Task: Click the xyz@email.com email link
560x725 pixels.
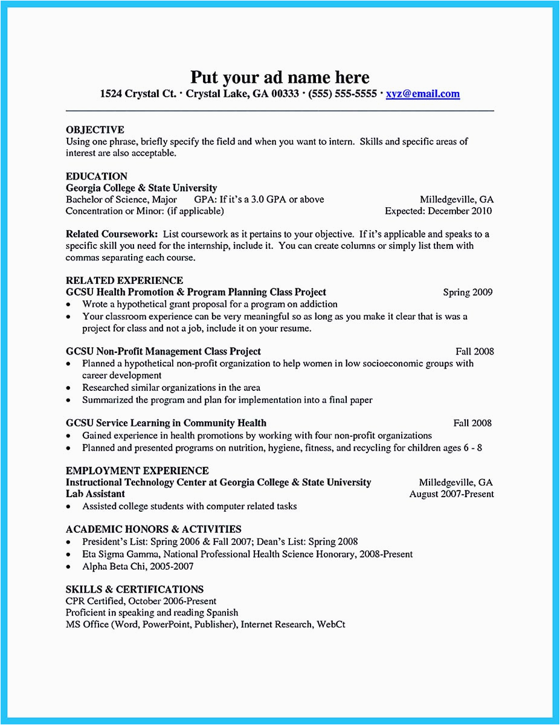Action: click(x=423, y=94)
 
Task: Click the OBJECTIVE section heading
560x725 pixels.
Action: click(x=95, y=130)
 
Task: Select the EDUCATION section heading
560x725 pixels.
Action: click(x=97, y=176)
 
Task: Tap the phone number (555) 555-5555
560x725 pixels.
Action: click(x=343, y=94)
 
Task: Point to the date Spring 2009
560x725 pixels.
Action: click(x=468, y=292)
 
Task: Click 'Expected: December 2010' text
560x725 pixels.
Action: click(x=438, y=211)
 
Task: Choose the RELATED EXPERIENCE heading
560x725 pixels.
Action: click(x=124, y=280)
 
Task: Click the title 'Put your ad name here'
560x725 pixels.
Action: click(x=280, y=77)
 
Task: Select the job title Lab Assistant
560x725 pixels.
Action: click(x=95, y=494)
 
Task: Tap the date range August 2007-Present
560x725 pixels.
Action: click(x=451, y=494)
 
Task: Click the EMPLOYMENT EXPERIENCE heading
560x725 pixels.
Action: click(x=137, y=471)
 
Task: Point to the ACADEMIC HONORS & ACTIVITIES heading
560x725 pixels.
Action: click(x=153, y=529)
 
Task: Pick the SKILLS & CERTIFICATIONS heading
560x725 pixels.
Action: click(x=135, y=589)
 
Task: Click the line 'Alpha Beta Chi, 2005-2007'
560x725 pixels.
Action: click(x=138, y=566)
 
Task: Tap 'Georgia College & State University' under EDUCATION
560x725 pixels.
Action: click(x=141, y=188)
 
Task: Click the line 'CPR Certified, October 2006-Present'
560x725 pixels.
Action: click(x=141, y=601)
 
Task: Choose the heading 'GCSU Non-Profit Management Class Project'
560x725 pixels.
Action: click(x=163, y=351)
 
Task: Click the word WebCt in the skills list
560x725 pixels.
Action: click(x=331, y=624)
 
